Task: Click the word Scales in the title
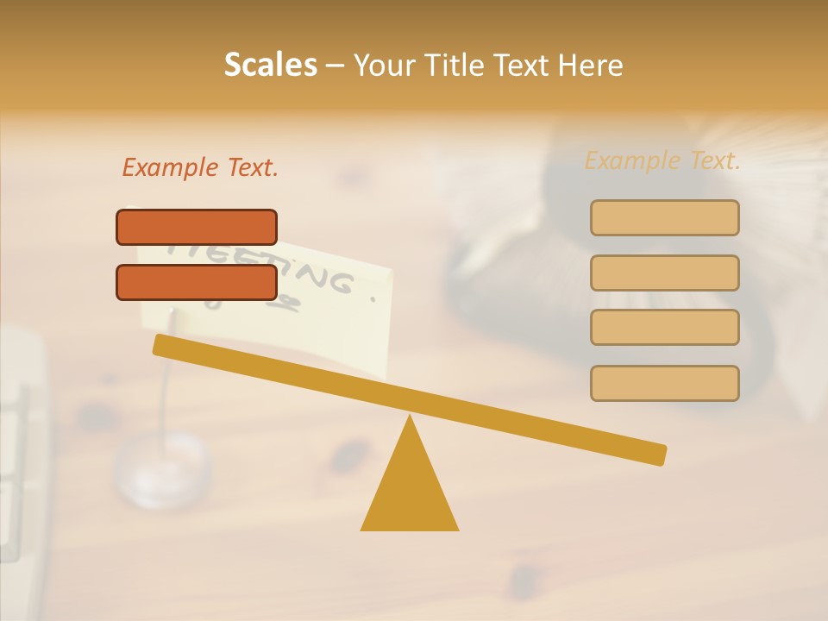tap(270, 66)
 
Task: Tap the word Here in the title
tap(592, 66)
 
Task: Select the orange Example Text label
tap(200, 167)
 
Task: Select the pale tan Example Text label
tap(662, 160)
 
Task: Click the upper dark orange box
tap(197, 227)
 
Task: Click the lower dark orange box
tap(197, 282)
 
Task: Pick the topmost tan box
tap(664, 217)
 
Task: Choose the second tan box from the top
tap(664, 273)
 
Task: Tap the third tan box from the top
tap(664, 327)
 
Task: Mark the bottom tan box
tap(664, 383)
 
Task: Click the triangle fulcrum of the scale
tap(410, 492)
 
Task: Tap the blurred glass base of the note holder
tap(162, 470)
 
